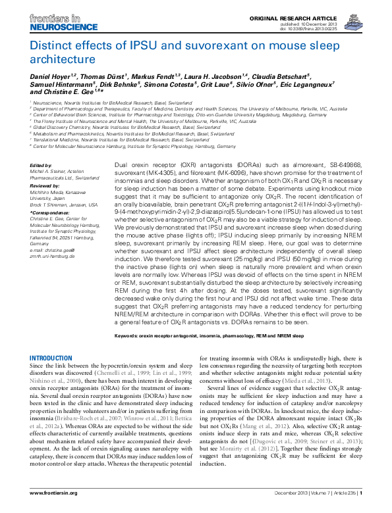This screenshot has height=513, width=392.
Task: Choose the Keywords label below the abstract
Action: coord(130,335)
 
